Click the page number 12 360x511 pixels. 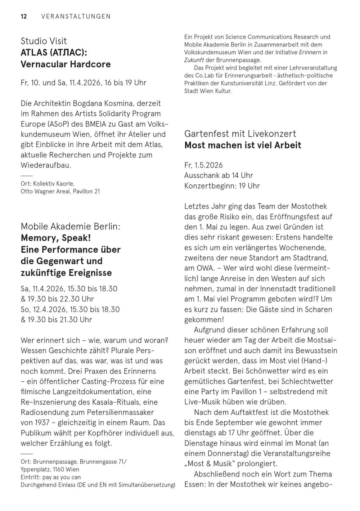[x=24, y=16]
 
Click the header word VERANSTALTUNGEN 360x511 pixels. [x=76, y=16]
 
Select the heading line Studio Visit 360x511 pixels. [x=44, y=41]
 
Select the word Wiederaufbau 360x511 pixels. [x=46, y=165]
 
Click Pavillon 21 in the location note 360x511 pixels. [x=86, y=191]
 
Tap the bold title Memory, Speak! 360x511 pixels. [x=56, y=238]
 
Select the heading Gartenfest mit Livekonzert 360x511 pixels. [x=240, y=134]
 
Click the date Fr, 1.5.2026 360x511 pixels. [x=203, y=165]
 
